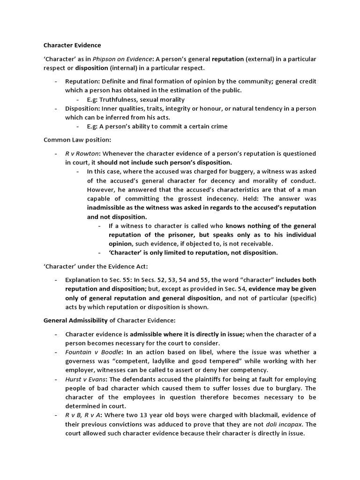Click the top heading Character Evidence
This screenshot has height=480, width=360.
[x=72, y=45]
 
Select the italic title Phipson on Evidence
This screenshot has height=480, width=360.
[x=114, y=59]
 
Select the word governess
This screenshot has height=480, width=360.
[x=81, y=361]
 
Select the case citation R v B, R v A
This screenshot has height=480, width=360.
[x=82, y=415]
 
